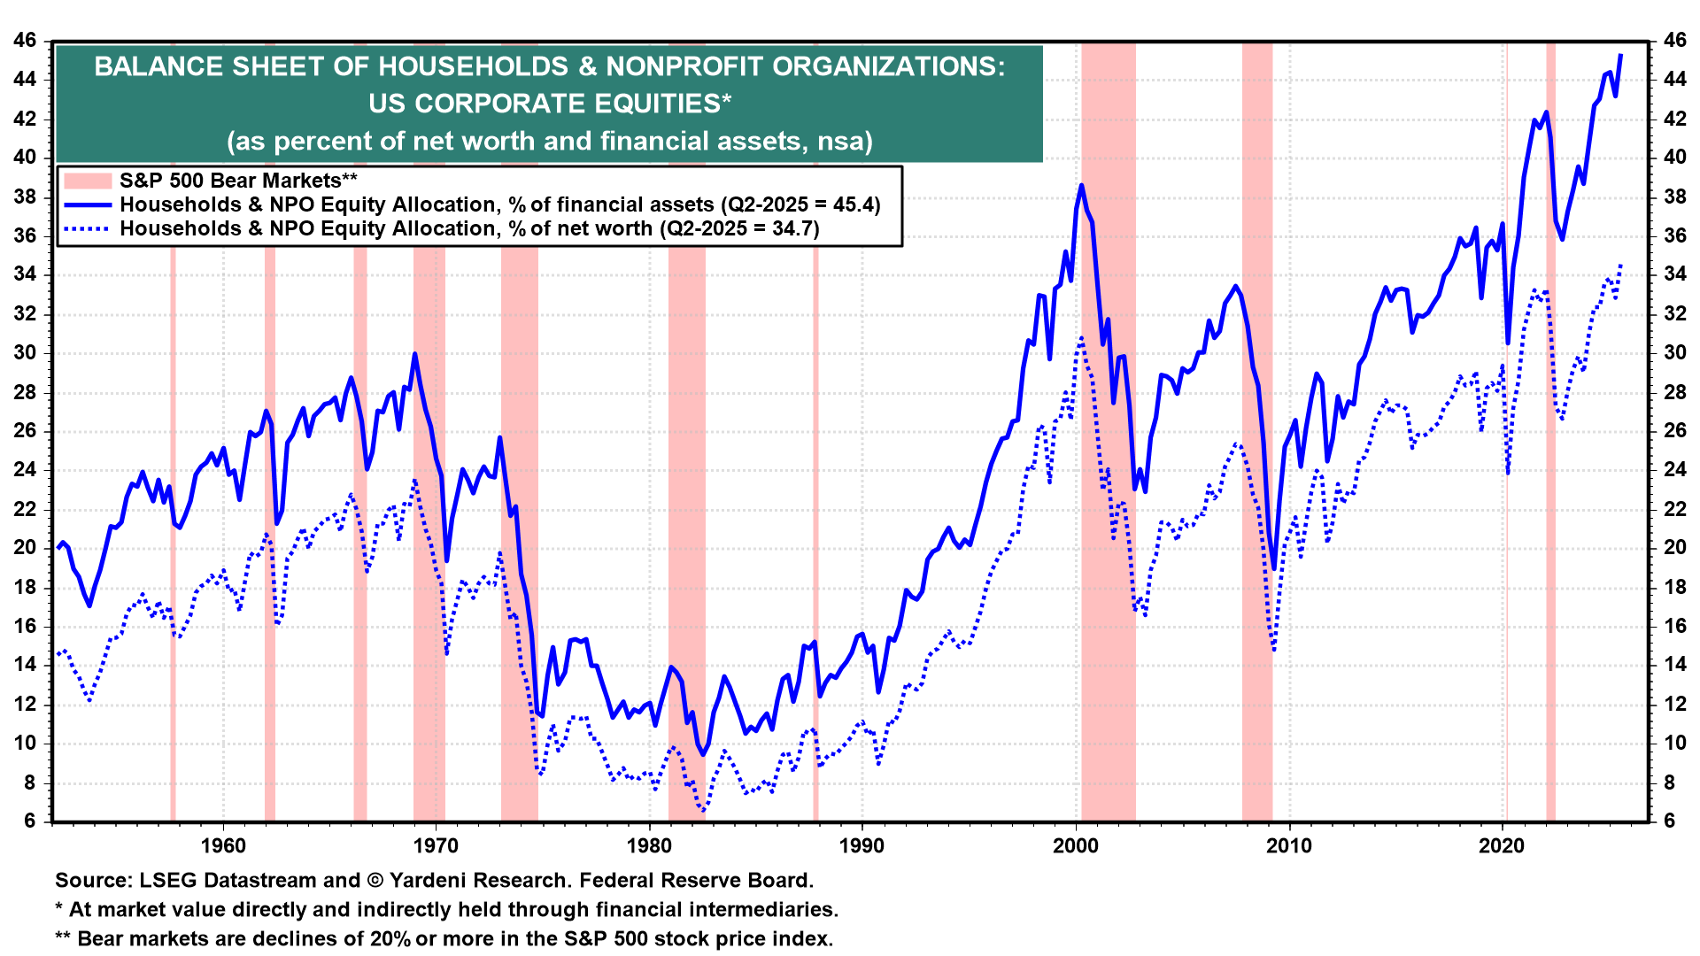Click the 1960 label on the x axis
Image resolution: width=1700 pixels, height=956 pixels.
(x=223, y=846)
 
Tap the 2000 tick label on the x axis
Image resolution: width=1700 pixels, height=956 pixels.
(x=1076, y=846)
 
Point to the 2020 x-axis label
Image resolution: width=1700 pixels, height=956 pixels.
(x=1503, y=846)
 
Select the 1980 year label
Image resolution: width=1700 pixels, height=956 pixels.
(x=649, y=846)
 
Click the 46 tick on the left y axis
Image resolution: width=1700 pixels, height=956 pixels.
(x=25, y=41)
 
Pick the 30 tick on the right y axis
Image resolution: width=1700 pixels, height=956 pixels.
(x=1675, y=353)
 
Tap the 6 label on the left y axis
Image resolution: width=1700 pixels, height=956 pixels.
(x=31, y=821)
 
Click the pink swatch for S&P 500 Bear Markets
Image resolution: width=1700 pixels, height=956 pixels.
(x=88, y=181)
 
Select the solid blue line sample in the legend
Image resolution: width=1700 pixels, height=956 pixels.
(x=88, y=205)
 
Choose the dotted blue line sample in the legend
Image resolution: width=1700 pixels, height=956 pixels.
(x=88, y=229)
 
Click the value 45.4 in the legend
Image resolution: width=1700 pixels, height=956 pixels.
(x=854, y=205)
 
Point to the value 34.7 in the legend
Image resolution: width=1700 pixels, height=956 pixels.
(x=794, y=229)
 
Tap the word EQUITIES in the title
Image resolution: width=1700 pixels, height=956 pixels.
(x=655, y=104)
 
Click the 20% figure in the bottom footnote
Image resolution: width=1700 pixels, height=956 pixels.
(x=390, y=939)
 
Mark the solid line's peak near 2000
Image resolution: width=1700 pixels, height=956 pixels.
(x=1082, y=186)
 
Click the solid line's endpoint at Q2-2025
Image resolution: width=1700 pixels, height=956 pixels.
(x=1620, y=56)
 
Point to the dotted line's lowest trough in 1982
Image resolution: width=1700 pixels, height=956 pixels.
(x=703, y=810)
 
